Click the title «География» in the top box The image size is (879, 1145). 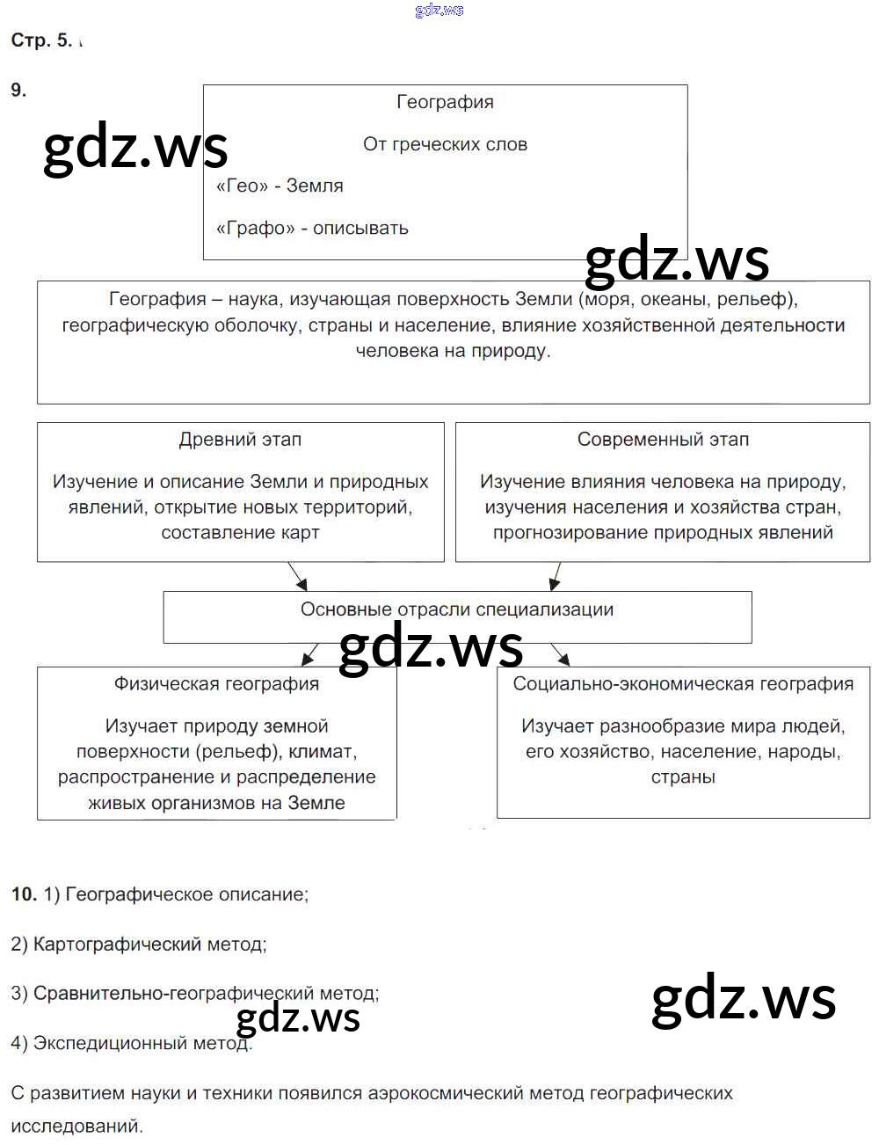[x=445, y=102]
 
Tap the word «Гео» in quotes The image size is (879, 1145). [x=242, y=186]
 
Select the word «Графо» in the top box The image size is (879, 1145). [x=254, y=228]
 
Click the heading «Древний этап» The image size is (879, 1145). [x=240, y=440]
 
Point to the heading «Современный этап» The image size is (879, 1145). [x=663, y=440]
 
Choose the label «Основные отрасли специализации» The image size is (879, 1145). [x=457, y=609]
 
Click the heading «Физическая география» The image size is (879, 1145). [x=216, y=684]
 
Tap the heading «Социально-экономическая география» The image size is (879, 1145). [x=683, y=684]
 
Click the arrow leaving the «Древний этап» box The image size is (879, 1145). [x=297, y=576]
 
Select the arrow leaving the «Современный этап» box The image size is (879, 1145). [x=555, y=576]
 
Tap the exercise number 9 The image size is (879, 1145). [x=18, y=90]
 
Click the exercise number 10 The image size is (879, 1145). [x=24, y=894]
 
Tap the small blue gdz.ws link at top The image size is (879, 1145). [x=439, y=11]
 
